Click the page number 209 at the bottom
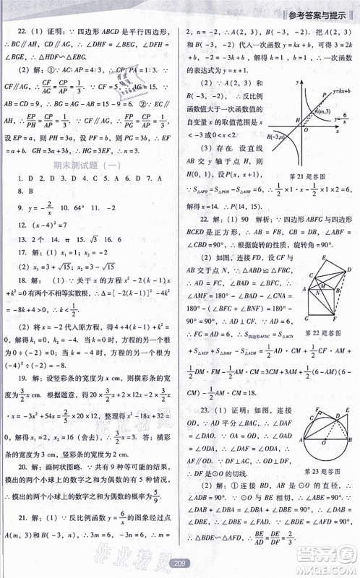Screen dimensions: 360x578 (x=180, y=562)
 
